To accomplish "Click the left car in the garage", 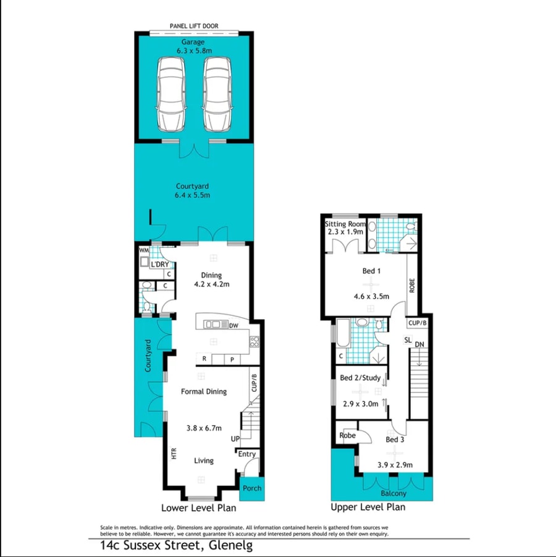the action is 171,94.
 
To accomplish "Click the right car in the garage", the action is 217,94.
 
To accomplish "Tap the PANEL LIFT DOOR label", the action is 194,26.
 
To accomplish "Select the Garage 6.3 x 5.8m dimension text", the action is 194,46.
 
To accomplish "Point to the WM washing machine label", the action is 144,250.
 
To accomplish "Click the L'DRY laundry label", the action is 160,265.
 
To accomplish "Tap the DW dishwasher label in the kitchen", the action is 234,325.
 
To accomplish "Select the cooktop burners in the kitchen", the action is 254,341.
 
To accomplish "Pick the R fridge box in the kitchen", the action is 204,359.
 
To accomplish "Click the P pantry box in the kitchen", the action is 232,360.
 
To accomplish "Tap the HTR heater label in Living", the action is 174,453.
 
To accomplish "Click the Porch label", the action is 252,488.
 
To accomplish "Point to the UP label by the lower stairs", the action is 235,439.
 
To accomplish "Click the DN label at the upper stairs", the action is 419,344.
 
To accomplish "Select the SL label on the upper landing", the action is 408,340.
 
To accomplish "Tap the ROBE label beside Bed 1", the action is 412,285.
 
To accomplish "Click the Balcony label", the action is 394,493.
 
